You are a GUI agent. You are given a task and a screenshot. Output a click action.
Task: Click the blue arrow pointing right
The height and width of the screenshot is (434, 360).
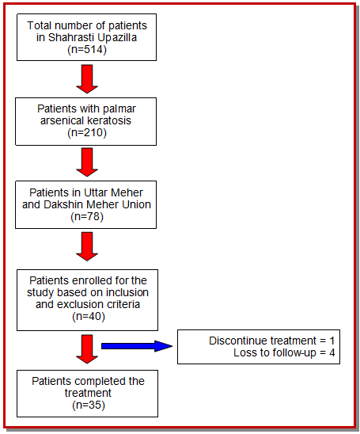coord(137,346)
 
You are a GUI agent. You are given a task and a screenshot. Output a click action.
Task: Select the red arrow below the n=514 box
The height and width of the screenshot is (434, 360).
coord(87,79)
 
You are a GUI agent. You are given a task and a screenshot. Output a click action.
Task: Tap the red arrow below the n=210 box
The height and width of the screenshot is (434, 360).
coord(87,162)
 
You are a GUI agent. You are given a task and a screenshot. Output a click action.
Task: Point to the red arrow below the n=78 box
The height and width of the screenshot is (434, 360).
coord(87,246)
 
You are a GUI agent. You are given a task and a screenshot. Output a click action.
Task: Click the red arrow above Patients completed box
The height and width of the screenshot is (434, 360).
coord(87,349)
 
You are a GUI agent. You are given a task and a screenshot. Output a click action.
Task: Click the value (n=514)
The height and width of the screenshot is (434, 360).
coord(87,50)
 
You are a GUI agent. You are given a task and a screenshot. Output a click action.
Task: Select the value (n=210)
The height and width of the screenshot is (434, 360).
coord(87,132)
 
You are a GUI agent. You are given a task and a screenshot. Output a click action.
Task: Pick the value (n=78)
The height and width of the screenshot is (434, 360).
coord(87,216)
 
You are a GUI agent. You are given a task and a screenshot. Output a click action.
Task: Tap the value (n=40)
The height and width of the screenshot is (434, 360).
coord(89,316)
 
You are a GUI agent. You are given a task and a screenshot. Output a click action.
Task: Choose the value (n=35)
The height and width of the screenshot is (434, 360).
coord(89,405)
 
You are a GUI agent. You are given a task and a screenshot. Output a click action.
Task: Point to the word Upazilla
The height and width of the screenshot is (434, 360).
coord(116,38)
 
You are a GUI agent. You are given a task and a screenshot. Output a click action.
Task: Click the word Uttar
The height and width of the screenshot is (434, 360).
coord(96,192)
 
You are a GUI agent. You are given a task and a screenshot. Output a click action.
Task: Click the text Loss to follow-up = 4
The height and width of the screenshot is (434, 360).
coord(284,353)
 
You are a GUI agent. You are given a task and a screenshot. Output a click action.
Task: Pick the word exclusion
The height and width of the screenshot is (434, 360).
coord(80,304)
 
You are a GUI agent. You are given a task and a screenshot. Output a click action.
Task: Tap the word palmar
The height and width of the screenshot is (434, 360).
coord(119,109)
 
